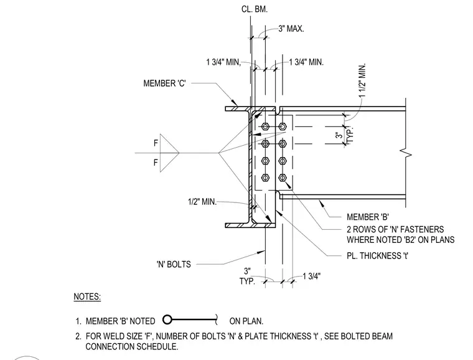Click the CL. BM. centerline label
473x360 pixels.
[x=255, y=9]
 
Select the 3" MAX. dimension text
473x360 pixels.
[x=291, y=29]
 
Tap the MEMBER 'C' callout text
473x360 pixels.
[x=164, y=83]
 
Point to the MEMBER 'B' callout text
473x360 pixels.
[x=368, y=217]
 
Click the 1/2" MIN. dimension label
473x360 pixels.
[x=202, y=202]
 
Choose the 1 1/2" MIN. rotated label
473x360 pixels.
[x=362, y=80]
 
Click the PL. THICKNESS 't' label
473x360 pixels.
[x=377, y=256]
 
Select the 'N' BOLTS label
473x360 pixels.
[x=174, y=264]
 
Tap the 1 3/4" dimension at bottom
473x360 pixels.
[x=312, y=276]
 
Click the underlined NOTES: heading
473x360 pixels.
[x=87, y=296]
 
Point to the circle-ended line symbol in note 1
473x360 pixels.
[x=190, y=320]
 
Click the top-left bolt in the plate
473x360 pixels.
[x=265, y=126]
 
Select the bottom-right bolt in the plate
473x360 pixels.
[x=283, y=178]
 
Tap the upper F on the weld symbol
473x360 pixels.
[x=156, y=143]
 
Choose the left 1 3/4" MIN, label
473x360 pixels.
[x=223, y=62]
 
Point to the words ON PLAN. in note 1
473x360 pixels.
[x=246, y=321]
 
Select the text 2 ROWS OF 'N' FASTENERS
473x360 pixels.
[x=395, y=229]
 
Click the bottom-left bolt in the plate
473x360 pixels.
[x=265, y=178]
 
